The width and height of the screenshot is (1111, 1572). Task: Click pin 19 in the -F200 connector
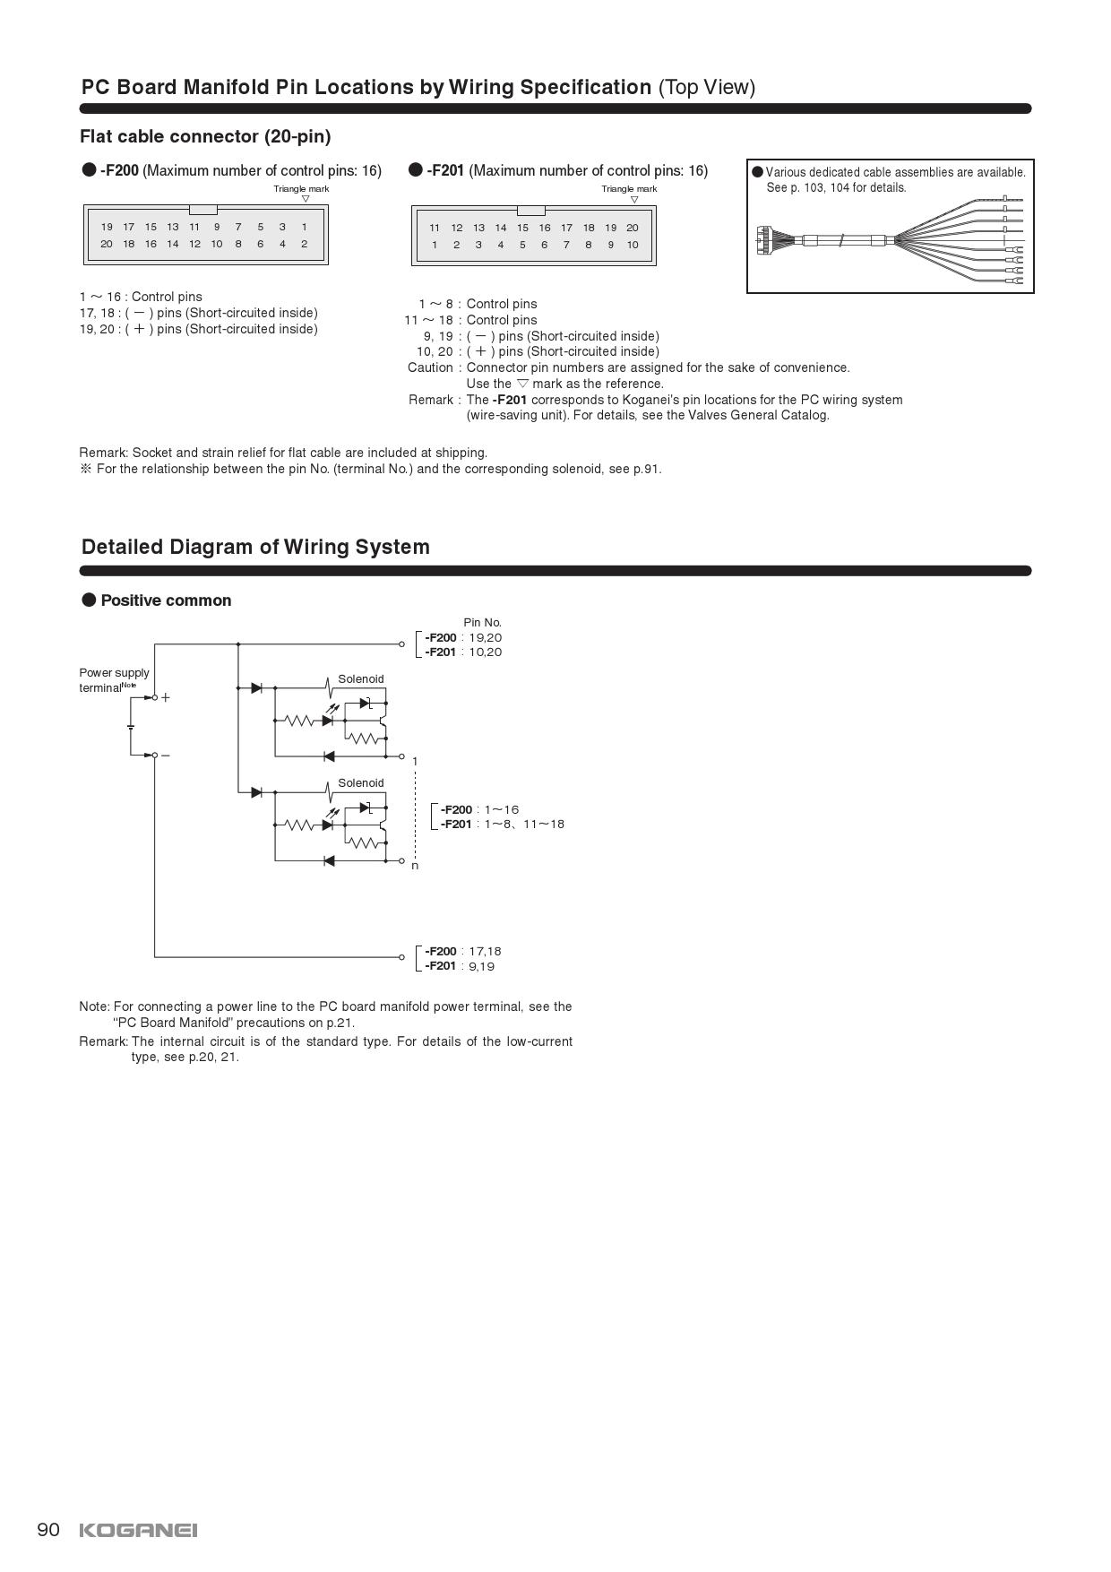pos(107,227)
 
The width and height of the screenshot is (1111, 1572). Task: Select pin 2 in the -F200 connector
pos(304,244)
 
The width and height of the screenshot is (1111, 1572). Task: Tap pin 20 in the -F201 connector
pos(632,228)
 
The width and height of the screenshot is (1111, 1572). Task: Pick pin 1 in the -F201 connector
pos(435,245)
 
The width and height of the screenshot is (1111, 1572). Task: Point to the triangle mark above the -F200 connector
pos(306,199)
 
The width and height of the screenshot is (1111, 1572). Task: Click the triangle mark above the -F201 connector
pos(634,200)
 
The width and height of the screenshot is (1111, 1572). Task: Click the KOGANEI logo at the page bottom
pos(138,1530)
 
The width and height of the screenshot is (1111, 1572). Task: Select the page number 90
pos(48,1529)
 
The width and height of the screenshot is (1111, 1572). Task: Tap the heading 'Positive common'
pos(166,600)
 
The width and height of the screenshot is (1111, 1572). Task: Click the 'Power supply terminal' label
pos(114,679)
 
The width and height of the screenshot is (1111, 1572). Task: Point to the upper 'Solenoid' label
pos(360,678)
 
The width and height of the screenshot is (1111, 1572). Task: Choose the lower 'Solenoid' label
pos(360,782)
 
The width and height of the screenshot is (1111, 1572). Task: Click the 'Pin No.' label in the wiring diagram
pos(482,622)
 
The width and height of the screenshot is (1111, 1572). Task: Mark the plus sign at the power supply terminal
pos(165,697)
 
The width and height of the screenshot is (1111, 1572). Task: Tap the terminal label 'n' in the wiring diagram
pos(415,866)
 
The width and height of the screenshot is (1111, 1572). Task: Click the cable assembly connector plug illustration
pos(763,239)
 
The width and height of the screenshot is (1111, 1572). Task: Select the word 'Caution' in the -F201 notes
pos(430,367)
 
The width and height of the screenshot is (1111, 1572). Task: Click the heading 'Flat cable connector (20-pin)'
pos(205,136)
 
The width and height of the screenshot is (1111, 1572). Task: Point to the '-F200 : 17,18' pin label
pos(462,951)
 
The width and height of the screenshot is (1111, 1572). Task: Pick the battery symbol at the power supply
pos(131,726)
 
